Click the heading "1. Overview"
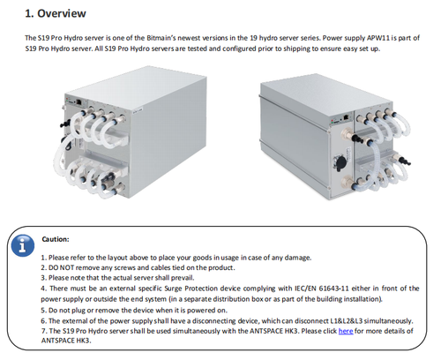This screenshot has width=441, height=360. tap(56, 13)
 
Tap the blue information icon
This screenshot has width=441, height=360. tap(23, 246)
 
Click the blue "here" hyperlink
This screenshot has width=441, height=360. tap(346, 331)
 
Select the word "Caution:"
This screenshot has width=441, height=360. tap(56, 239)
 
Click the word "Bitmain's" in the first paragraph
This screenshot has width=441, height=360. tap(161, 38)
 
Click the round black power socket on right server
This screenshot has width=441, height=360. tap(340, 162)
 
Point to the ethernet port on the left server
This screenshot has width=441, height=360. tap(78, 102)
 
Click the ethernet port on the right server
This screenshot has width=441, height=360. tap(346, 116)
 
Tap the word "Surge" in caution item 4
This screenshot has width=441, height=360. tap(173, 289)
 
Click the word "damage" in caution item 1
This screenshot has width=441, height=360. tap(300, 258)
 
